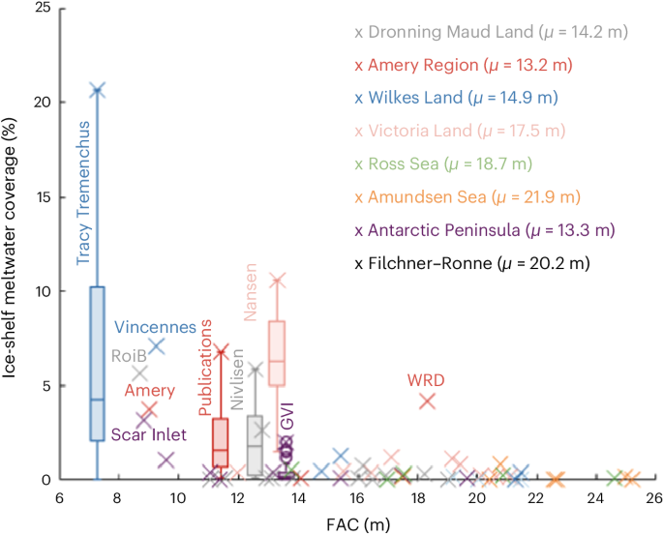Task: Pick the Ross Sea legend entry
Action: click(x=443, y=163)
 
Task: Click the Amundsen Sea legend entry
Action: click(x=467, y=196)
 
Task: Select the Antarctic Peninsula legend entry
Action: click(x=485, y=229)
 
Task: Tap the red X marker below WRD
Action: click(x=427, y=401)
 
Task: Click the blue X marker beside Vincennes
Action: click(x=156, y=345)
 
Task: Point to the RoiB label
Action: click(x=130, y=356)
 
